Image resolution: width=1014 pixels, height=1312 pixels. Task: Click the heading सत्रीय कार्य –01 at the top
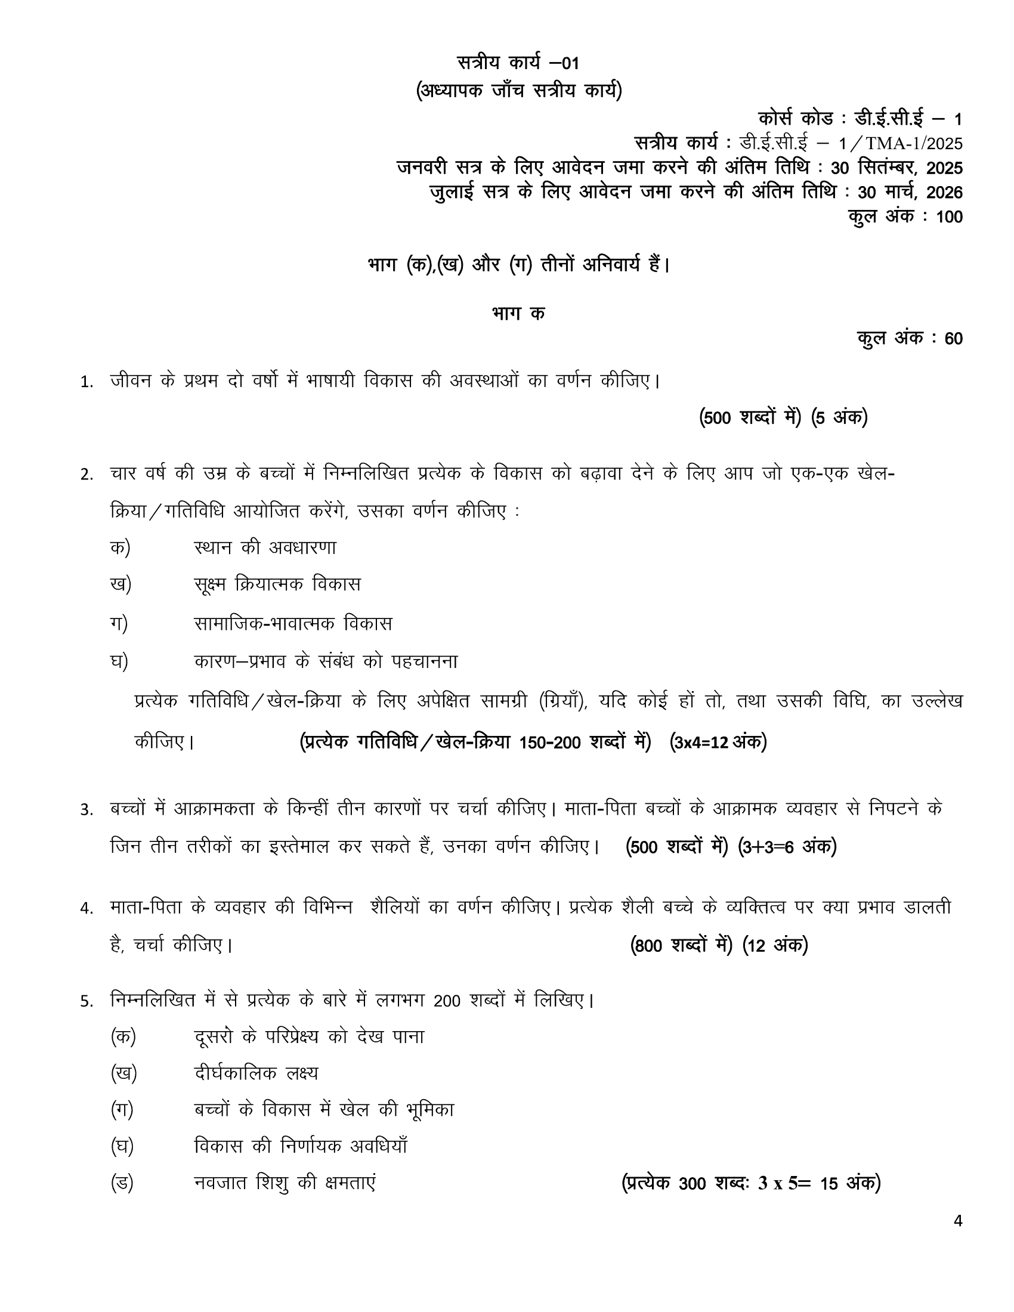pyautogui.click(x=518, y=63)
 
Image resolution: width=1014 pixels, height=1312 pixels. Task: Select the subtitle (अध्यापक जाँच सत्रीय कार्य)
pyautogui.click(x=519, y=91)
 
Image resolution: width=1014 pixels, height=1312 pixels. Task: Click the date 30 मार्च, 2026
pyautogui.click(x=910, y=192)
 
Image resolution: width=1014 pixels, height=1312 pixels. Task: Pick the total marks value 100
pyautogui.click(x=949, y=217)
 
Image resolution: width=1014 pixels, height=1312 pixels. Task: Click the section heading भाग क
pyautogui.click(x=518, y=314)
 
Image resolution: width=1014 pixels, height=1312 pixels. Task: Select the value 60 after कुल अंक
pyautogui.click(x=953, y=339)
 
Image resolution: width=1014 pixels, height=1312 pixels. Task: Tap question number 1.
pyautogui.click(x=86, y=382)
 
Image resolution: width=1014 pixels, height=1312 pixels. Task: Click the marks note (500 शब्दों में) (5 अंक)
pyautogui.click(x=783, y=417)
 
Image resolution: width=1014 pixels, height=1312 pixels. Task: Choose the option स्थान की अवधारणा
pyautogui.click(x=265, y=547)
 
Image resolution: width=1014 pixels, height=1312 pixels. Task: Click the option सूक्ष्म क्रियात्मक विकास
pyautogui.click(x=277, y=584)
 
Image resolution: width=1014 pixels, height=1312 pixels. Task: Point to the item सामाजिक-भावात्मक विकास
pyautogui.click(x=292, y=623)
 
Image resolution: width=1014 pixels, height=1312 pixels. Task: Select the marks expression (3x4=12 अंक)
pyautogui.click(x=718, y=742)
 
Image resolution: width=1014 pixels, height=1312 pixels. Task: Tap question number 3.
pyautogui.click(x=86, y=810)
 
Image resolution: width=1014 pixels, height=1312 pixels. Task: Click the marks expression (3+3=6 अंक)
pyautogui.click(x=787, y=846)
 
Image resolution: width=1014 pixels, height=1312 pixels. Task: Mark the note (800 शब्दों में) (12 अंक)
pyautogui.click(x=719, y=945)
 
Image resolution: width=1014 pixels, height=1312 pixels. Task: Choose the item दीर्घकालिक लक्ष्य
pyautogui.click(x=256, y=1073)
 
